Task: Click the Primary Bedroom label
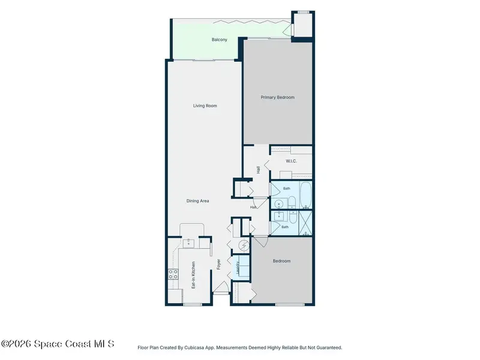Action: tap(277, 97)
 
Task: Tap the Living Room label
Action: tap(205, 106)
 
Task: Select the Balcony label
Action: tap(219, 40)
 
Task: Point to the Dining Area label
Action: tap(197, 201)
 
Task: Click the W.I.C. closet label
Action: tap(291, 161)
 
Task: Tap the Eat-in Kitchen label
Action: tap(193, 275)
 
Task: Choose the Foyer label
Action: tap(218, 265)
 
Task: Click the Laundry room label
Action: tap(238, 268)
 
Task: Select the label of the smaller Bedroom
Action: tap(281, 261)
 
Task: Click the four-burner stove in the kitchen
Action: tap(173, 274)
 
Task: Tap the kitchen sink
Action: tap(188, 244)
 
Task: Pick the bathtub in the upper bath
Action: tap(305, 194)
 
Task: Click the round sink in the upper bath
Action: tap(278, 203)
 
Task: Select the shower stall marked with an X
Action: tap(305, 223)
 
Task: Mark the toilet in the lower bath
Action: tap(293, 215)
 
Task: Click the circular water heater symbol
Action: tap(244, 245)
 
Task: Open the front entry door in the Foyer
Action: tap(221, 288)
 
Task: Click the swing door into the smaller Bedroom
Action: tap(260, 242)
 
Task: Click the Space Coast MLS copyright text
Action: tap(58, 344)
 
